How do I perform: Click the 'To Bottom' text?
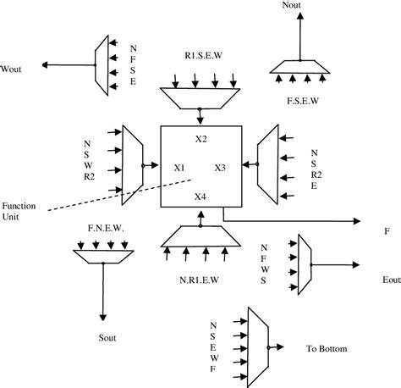(328, 347)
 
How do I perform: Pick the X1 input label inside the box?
(179, 167)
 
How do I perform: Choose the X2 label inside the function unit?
(201, 137)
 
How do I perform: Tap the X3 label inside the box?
(220, 167)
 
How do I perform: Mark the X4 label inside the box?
(200, 197)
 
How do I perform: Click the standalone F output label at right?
(386, 230)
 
